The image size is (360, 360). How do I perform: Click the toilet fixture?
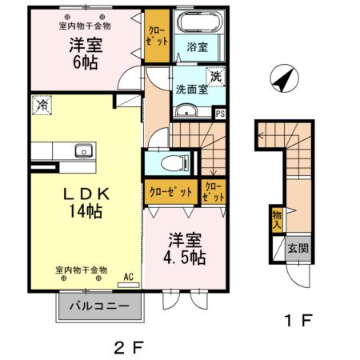(171, 163)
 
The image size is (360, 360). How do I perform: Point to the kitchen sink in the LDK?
(82, 150)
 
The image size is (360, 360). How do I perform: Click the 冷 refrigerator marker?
(40, 104)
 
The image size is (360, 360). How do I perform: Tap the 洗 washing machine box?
(215, 77)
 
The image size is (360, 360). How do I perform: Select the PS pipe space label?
(221, 114)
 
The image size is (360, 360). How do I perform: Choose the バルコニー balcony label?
(99, 306)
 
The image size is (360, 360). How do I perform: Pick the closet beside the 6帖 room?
(157, 37)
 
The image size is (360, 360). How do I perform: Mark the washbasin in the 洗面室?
(186, 111)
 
